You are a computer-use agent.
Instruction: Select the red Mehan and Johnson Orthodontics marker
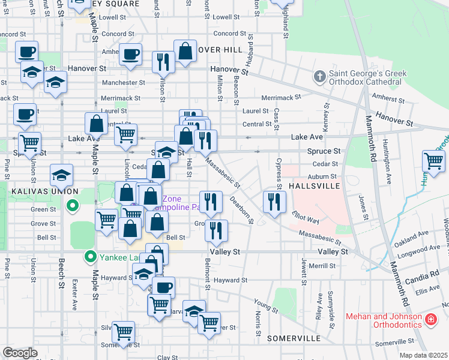coord(430,320)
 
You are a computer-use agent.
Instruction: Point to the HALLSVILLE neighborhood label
coord(306,187)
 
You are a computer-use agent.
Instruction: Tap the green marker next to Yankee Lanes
coord(91,258)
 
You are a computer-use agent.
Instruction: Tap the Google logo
coord(20,353)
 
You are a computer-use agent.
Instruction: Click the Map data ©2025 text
coord(423,355)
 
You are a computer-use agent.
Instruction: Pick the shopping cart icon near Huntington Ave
coord(433,160)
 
